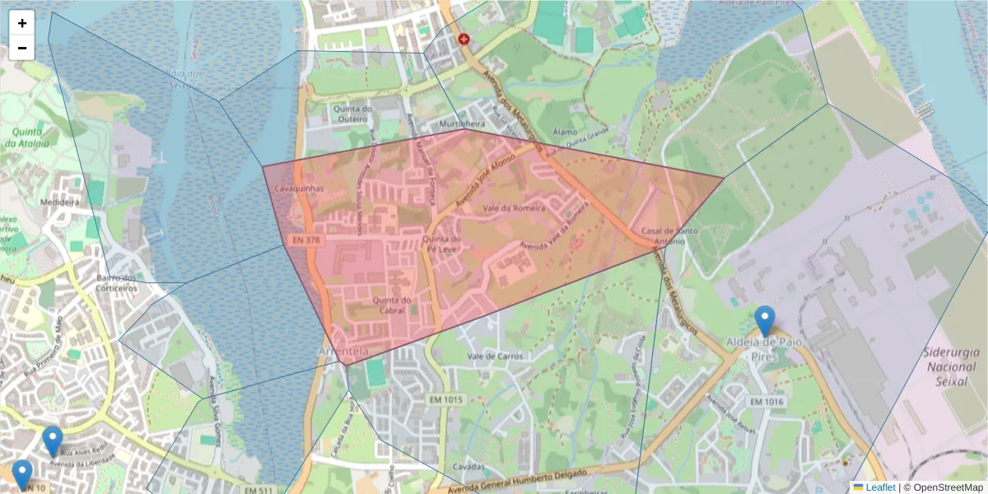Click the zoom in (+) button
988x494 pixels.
tap(22, 23)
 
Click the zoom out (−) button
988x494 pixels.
tap(22, 48)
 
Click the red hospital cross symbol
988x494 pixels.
tap(464, 39)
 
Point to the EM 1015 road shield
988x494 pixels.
tap(447, 399)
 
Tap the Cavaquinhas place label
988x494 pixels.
tap(300, 189)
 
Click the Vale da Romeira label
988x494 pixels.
tap(514, 208)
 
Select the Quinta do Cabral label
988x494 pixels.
tap(391, 305)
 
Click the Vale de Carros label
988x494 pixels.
tap(495, 357)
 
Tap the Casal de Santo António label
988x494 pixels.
tap(663, 236)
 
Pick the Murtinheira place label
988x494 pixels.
tap(464, 123)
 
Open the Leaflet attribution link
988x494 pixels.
tap(874, 487)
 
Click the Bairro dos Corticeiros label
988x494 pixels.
tap(116, 282)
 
